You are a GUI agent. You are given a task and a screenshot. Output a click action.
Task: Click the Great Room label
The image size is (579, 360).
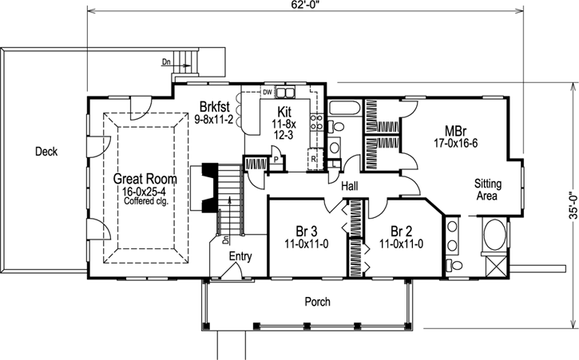144,178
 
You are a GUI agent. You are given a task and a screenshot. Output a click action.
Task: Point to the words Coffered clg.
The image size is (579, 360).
144,200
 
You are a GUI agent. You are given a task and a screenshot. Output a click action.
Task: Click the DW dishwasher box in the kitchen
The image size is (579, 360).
268,92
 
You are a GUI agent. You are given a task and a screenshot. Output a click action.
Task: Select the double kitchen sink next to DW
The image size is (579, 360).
285,92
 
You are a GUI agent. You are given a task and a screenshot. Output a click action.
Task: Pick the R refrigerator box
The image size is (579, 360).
315,160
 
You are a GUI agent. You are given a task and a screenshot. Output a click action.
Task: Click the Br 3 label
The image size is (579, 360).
307,229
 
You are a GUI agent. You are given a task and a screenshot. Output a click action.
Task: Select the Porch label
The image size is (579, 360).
317,302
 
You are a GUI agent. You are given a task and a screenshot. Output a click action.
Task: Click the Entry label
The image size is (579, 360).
240,257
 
